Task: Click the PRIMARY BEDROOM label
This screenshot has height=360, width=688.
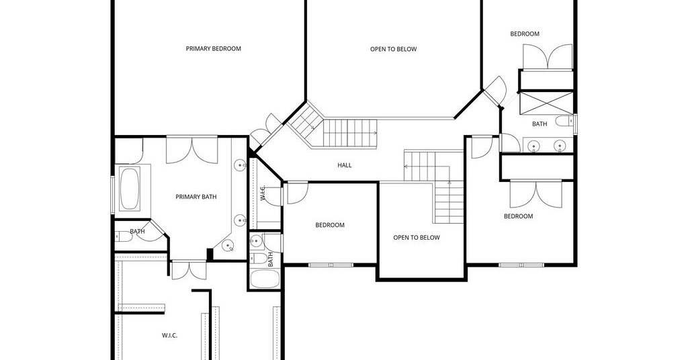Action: click(213, 48)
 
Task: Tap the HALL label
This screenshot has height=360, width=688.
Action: click(345, 165)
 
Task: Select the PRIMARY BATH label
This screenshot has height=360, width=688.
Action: click(196, 197)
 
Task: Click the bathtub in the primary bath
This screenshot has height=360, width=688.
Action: click(130, 189)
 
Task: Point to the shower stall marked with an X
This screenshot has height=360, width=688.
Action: click(546, 103)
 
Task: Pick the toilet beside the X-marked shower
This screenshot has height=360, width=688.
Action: click(564, 121)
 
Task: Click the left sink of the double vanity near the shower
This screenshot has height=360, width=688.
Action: click(533, 144)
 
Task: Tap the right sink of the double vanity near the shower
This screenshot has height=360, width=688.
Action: click(560, 144)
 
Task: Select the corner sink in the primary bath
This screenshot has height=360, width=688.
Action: click(228, 246)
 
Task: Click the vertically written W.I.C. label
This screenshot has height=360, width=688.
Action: click(263, 193)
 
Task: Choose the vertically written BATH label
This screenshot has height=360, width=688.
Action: click(270, 259)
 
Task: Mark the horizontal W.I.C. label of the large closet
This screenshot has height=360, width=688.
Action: click(170, 335)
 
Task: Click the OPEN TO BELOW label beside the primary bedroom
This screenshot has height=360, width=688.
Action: click(394, 49)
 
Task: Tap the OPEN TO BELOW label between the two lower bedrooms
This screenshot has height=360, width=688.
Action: click(417, 238)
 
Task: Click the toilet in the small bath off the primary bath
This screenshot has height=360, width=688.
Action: click(124, 237)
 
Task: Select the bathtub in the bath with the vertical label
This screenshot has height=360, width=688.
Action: click(265, 279)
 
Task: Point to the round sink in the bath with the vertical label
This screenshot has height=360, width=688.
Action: click(256, 240)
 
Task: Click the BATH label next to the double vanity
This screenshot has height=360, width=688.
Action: click(540, 124)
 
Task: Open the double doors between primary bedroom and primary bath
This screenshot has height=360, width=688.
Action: click(191, 150)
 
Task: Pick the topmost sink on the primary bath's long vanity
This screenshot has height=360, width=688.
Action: click(240, 165)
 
